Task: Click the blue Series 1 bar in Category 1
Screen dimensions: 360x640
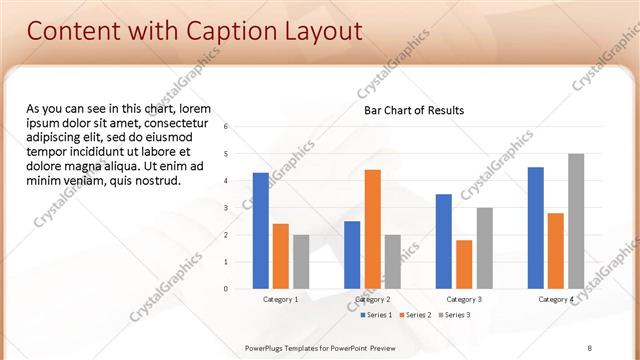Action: point(260,231)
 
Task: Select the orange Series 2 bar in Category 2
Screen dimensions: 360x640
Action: point(372,229)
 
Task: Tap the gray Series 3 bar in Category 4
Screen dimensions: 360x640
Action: point(576,221)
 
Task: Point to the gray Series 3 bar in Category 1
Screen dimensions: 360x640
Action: point(301,262)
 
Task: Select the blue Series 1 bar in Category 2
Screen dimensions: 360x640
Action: point(352,255)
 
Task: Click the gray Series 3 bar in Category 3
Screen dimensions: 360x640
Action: point(484,248)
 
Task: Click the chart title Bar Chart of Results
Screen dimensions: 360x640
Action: point(413,110)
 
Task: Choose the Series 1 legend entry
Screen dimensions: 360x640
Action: point(375,315)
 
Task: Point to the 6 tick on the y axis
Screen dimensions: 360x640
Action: point(227,127)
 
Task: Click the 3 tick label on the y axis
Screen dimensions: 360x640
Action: point(227,208)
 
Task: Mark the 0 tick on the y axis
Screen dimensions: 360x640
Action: point(227,289)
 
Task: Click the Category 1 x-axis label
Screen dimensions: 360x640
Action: point(280,299)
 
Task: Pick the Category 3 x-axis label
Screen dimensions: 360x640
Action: point(464,299)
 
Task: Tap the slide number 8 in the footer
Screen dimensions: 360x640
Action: point(590,346)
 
